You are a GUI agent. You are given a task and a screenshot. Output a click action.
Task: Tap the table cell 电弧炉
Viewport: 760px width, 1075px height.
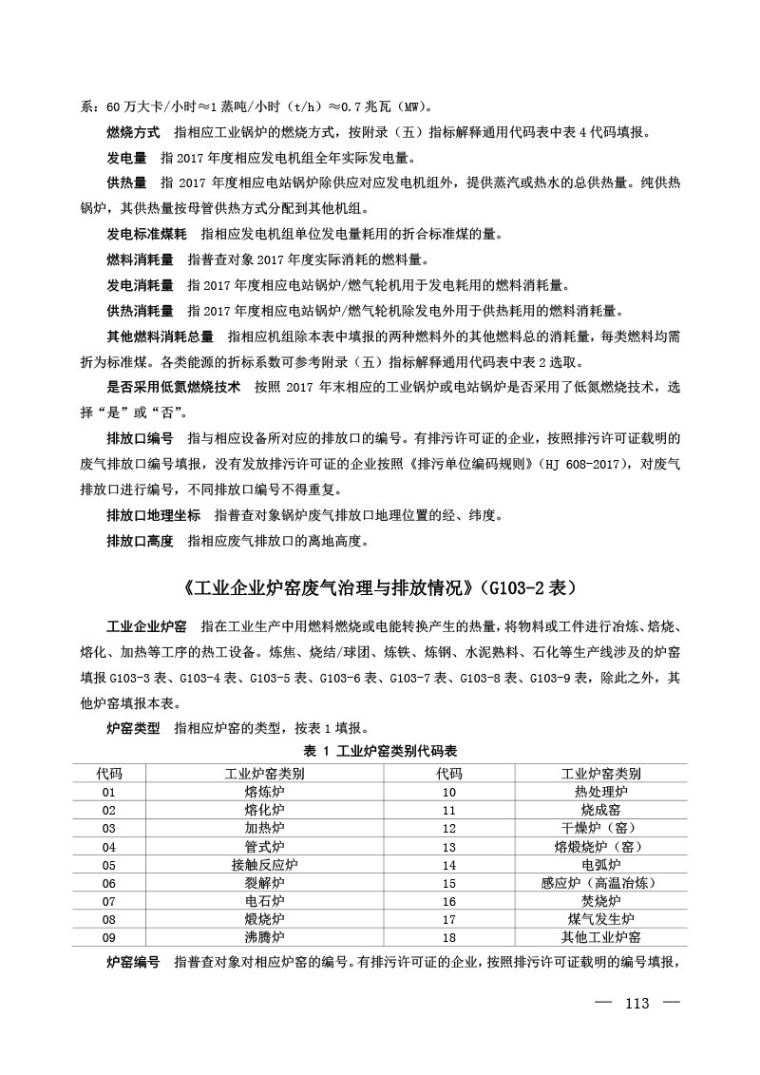click(x=600, y=864)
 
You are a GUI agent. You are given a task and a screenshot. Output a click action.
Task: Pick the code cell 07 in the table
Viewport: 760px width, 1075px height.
click(x=108, y=900)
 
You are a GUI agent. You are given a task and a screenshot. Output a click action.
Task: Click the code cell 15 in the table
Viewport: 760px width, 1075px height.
click(x=449, y=882)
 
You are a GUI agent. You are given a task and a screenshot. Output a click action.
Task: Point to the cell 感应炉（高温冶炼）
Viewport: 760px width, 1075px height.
click(x=600, y=882)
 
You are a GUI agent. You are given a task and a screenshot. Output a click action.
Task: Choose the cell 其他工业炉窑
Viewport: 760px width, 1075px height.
click(x=600, y=936)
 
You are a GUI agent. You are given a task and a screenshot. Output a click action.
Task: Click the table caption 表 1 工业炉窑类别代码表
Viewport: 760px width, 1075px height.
click(x=380, y=751)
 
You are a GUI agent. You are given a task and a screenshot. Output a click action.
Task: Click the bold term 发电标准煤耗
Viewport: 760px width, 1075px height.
click(x=146, y=234)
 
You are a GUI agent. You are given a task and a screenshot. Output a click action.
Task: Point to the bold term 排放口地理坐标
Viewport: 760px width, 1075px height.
click(x=153, y=515)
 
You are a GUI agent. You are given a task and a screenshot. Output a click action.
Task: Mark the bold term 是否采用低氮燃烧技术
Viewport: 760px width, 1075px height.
click(x=172, y=388)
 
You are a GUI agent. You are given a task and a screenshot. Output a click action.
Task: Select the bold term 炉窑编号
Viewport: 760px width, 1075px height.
click(x=133, y=962)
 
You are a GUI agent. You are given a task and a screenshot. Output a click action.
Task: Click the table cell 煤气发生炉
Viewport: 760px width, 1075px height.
click(x=600, y=918)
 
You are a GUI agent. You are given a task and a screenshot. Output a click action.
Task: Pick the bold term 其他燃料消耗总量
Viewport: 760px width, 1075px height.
click(x=160, y=336)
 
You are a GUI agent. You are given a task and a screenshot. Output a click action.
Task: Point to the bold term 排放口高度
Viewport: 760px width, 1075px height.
click(x=140, y=541)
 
